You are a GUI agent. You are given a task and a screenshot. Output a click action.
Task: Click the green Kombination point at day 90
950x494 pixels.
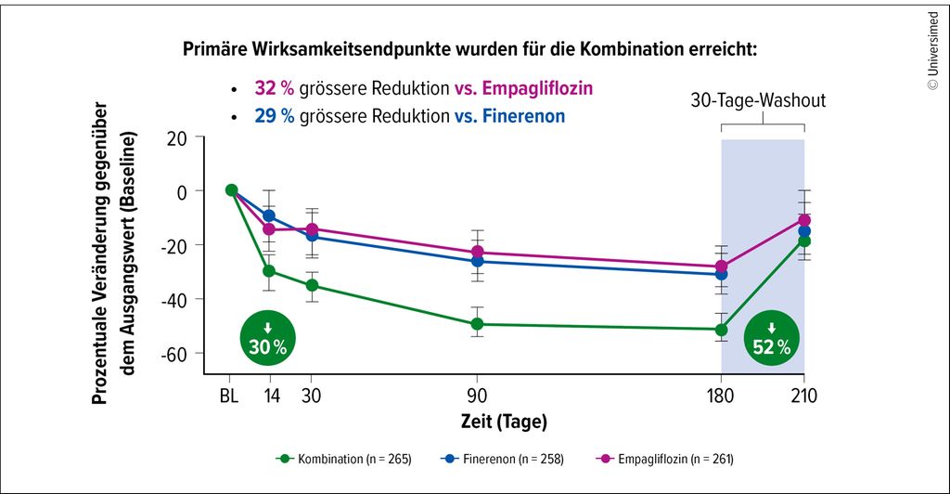[x=477, y=324]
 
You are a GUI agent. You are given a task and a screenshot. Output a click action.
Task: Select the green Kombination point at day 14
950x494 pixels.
[x=269, y=271]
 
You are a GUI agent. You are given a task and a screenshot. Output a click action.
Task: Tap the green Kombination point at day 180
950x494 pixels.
[x=722, y=330]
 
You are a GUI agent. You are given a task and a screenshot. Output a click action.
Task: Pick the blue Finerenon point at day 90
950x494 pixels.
[x=477, y=261]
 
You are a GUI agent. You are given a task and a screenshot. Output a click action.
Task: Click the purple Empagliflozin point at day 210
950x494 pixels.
[x=804, y=220]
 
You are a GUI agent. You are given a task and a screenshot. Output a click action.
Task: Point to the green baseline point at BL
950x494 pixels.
[x=231, y=190]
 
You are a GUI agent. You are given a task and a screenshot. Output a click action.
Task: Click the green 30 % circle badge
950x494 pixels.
[x=267, y=338]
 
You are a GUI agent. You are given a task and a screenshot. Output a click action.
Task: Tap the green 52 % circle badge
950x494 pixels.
[x=772, y=339]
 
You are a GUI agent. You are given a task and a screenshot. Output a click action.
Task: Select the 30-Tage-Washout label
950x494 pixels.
[x=758, y=99]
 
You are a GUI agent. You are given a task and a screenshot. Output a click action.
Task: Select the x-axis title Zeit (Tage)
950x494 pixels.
[x=504, y=422]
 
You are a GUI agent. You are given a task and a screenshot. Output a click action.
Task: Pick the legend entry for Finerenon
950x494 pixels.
[x=499, y=458]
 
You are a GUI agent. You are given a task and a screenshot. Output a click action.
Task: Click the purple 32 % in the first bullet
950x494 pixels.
[x=275, y=89]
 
